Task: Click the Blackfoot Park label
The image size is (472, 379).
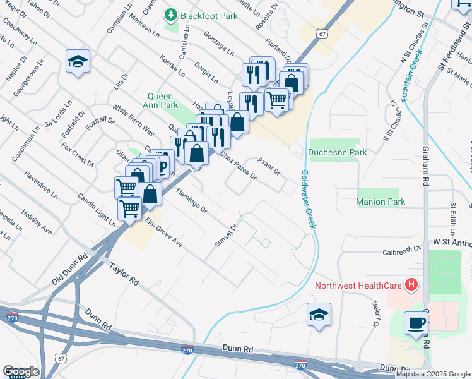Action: (209, 16)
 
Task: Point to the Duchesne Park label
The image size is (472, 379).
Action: (337, 152)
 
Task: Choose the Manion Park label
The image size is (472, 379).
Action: (380, 202)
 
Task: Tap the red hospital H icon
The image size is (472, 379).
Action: (411, 286)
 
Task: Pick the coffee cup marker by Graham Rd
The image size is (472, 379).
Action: (416, 323)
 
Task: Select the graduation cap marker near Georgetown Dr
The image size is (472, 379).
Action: (78, 61)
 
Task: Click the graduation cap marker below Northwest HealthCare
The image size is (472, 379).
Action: (319, 315)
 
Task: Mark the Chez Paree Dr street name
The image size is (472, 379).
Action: (238, 166)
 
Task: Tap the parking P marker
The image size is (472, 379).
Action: (163, 167)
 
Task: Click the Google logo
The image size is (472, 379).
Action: (21, 371)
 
